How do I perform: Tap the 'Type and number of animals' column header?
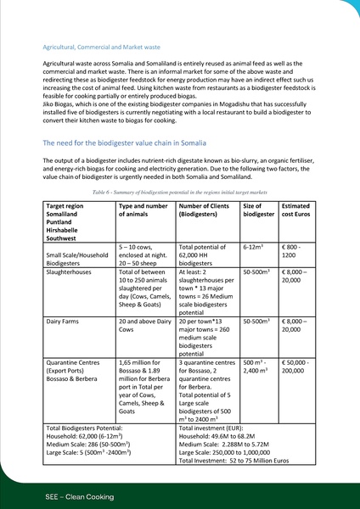[x=143, y=210]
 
